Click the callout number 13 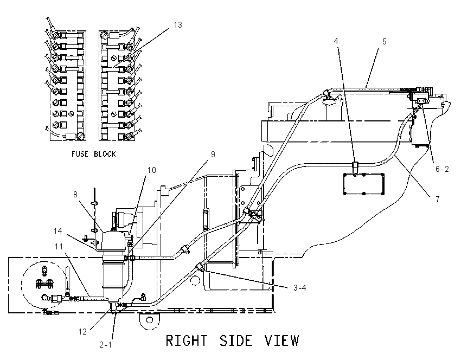pos(178,25)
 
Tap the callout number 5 pos(385,42)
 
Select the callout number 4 pos(336,41)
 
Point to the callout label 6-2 pos(442,169)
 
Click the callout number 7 pos(438,200)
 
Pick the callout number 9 pos(213,155)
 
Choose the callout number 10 pos(152,170)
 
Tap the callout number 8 pos(75,195)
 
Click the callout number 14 pos(58,231)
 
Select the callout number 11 pos(59,246)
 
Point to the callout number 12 pos(82,332)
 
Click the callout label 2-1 pos(106,345)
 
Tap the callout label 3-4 pos(299,288)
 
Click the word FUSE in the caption pos(80,154)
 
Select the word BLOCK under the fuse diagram pos(105,154)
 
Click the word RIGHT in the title pos(187,341)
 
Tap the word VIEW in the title pos(282,341)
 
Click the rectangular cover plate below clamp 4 pos(364,184)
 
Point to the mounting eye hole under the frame pos(149,320)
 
